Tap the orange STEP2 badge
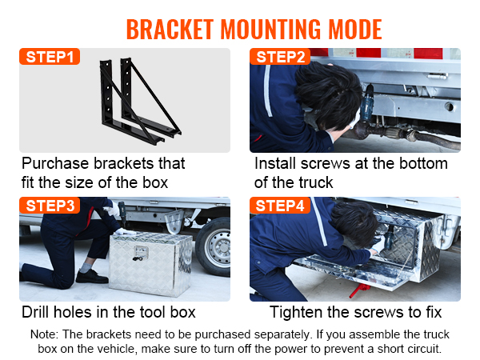click(x=280, y=57)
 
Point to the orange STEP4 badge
click(x=280, y=206)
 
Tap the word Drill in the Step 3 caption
click(x=38, y=312)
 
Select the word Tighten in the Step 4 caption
click(x=297, y=312)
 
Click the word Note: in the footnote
click(x=46, y=334)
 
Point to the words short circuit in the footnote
click(x=407, y=349)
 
